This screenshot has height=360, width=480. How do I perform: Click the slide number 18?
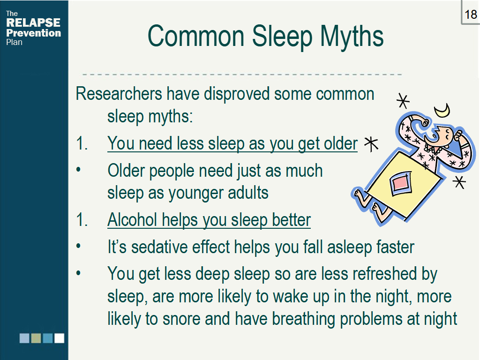click(x=471, y=14)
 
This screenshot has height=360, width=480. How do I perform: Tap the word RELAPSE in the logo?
click(x=33, y=23)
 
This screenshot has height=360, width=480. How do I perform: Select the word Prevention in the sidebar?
click(x=33, y=33)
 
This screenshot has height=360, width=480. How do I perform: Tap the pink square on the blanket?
click(x=402, y=183)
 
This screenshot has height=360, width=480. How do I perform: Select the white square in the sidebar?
click(x=59, y=338)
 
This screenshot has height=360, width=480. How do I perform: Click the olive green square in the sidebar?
click(x=36, y=338)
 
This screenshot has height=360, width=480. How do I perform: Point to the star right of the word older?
click(x=371, y=144)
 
